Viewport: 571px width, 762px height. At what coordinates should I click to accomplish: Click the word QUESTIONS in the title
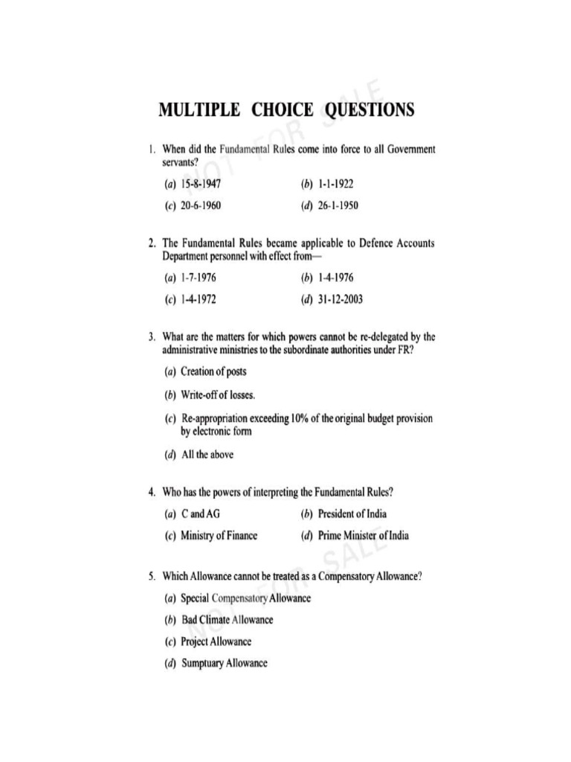(x=368, y=110)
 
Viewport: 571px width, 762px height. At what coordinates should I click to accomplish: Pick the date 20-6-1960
(x=201, y=205)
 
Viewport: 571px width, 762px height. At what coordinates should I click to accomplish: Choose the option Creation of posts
(x=213, y=371)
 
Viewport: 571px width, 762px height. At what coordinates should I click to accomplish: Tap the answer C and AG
(x=201, y=513)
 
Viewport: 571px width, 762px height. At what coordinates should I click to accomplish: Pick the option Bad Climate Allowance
(x=227, y=620)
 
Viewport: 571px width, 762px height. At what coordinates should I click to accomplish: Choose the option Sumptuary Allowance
(x=224, y=663)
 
